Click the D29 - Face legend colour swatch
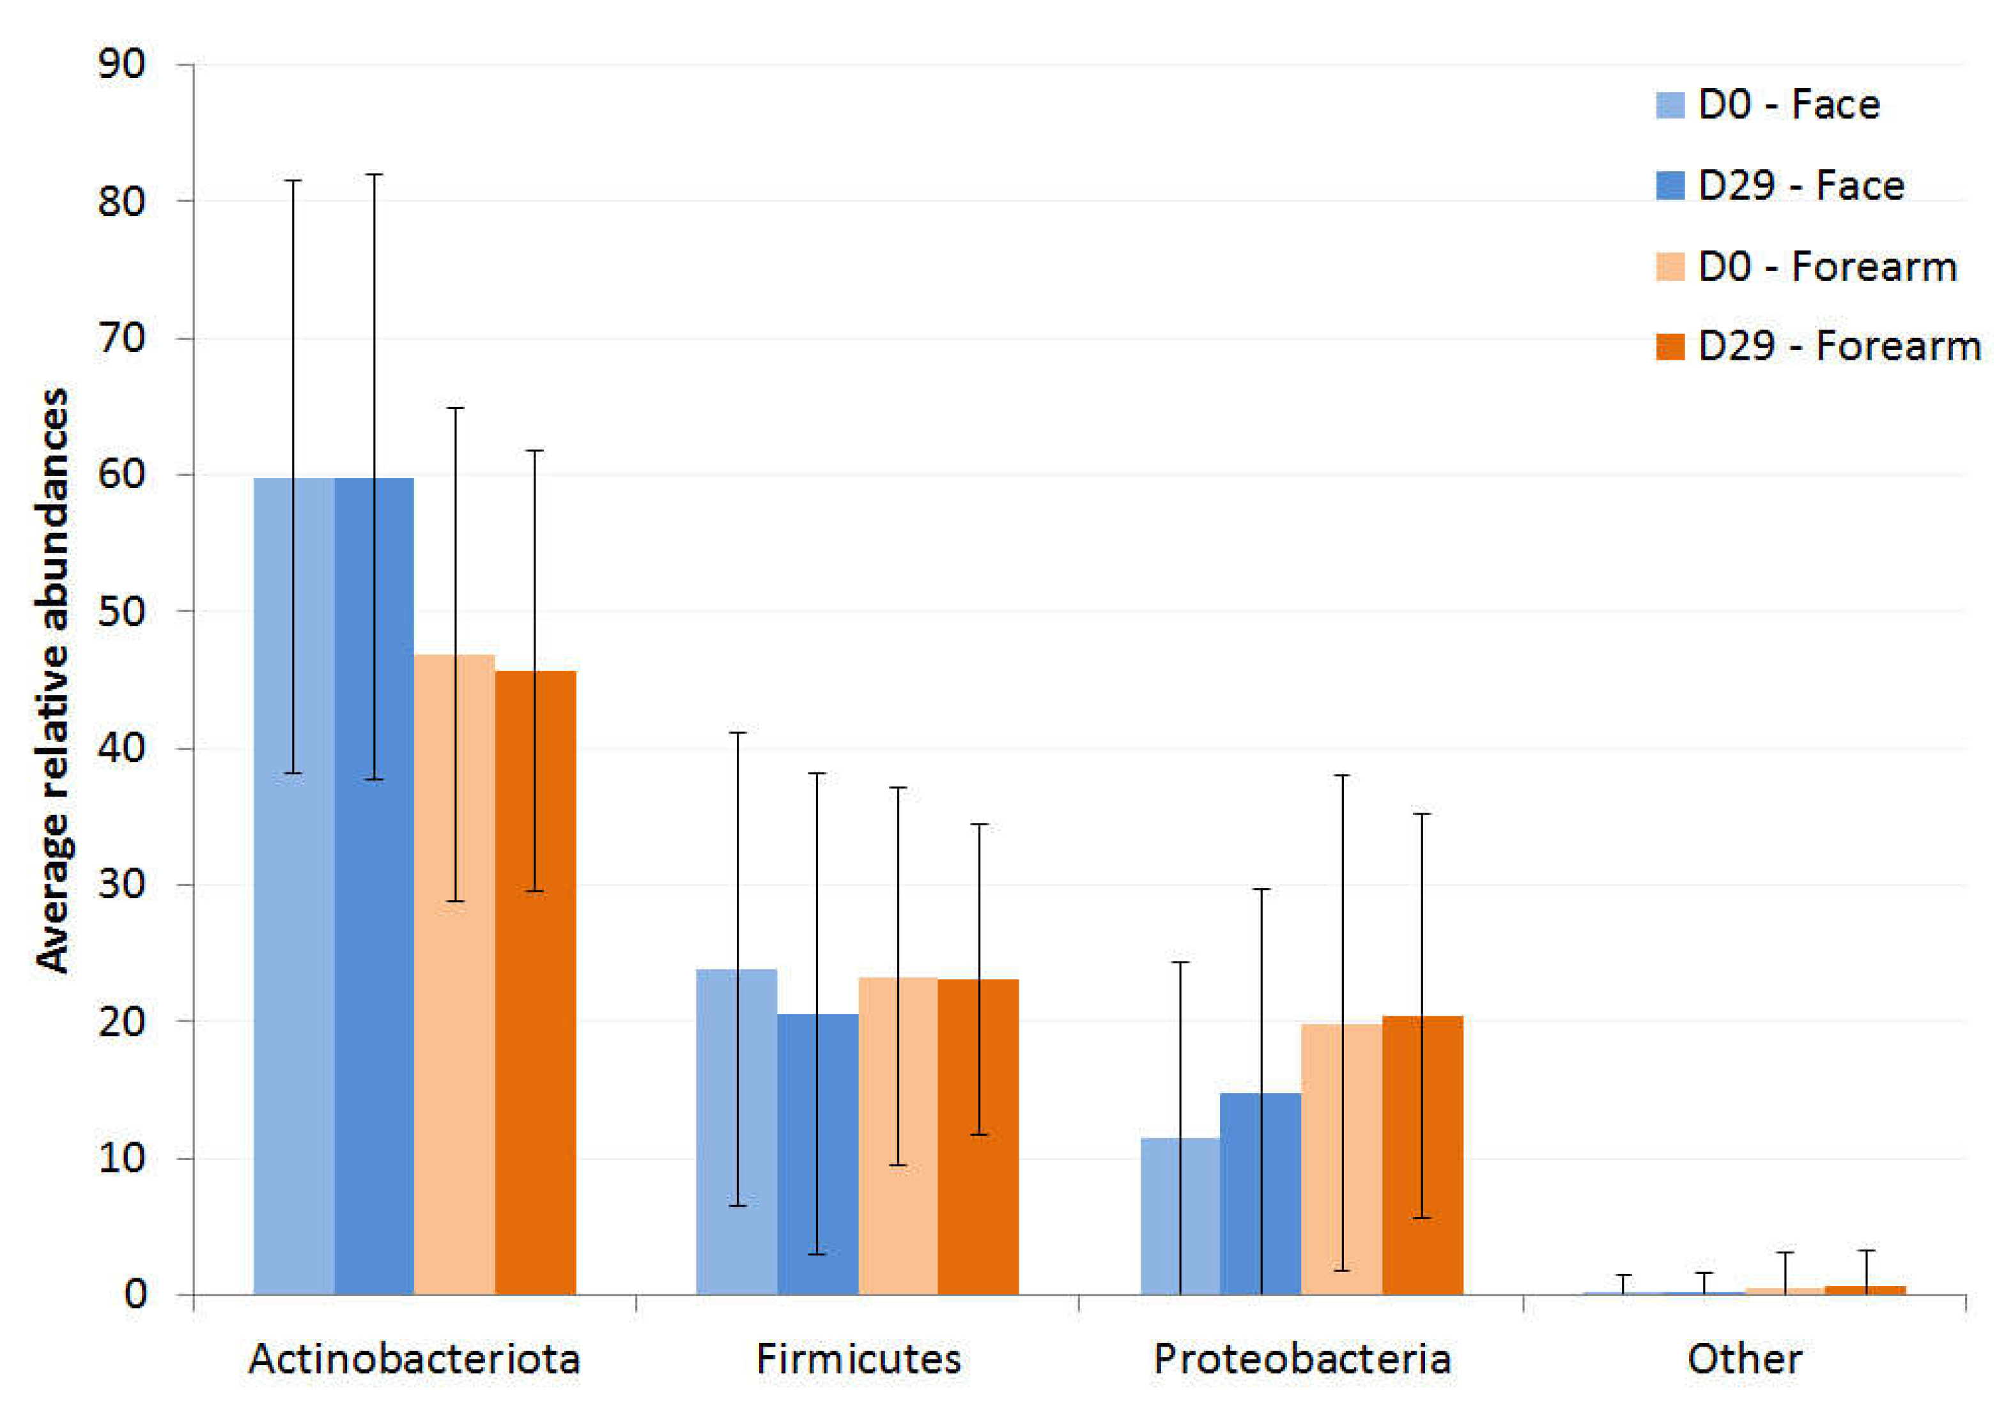(1670, 185)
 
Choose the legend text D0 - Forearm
(1826, 266)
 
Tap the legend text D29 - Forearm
(1839, 346)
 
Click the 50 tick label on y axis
(122, 611)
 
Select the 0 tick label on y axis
(135, 1294)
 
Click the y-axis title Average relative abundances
(52, 680)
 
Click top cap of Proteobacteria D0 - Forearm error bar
(1341, 775)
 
